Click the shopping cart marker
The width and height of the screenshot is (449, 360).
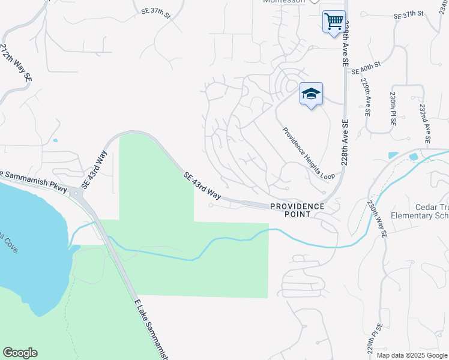point(334,22)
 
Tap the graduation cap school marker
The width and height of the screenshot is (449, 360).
point(311,94)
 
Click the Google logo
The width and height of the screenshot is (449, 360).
point(20,353)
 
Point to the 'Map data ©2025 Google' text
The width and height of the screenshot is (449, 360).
point(411,355)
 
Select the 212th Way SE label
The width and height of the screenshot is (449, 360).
point(16,63)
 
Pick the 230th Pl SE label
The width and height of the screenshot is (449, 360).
point(394,108)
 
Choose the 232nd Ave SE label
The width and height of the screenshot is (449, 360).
point(425,122)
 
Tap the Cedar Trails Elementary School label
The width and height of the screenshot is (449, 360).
point(421,211)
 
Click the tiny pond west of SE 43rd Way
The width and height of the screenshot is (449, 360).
point(55,140)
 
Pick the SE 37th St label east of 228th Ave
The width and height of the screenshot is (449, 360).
point(408,14)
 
